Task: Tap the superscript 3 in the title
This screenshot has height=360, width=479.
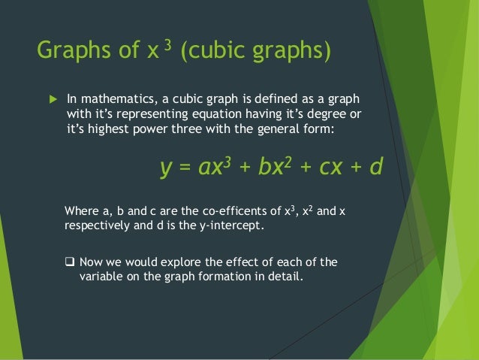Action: [170, 47]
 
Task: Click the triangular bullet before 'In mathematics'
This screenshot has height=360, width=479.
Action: [51, 98]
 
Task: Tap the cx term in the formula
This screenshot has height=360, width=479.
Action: [332, 167]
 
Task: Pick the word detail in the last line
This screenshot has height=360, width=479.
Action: [285, 277]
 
